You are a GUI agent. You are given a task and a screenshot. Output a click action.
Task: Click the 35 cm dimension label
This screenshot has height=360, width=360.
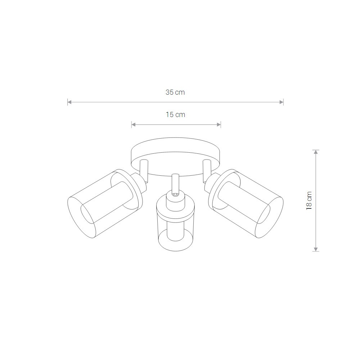(x=175, y=92)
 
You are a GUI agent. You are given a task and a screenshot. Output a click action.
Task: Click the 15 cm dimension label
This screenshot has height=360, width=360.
(x=175, y=114)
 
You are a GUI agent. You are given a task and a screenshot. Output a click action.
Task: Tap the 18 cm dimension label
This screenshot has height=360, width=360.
(x=309, y=201)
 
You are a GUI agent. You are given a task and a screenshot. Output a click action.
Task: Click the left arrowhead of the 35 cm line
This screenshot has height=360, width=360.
(x=69, y=102)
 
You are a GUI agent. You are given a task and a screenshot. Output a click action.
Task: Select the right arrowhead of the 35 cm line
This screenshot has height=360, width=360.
(x=282, y=102)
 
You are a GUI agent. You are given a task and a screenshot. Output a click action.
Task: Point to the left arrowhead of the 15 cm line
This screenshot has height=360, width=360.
(x=134, y=125)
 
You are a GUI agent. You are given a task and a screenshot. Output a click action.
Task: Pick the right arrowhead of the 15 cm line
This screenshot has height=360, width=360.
(x=219, y=125)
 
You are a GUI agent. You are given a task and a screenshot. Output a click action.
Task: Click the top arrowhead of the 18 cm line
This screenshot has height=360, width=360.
(x=316, y=152)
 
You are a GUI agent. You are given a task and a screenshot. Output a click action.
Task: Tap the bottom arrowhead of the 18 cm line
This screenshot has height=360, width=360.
(x=316, y=249)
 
